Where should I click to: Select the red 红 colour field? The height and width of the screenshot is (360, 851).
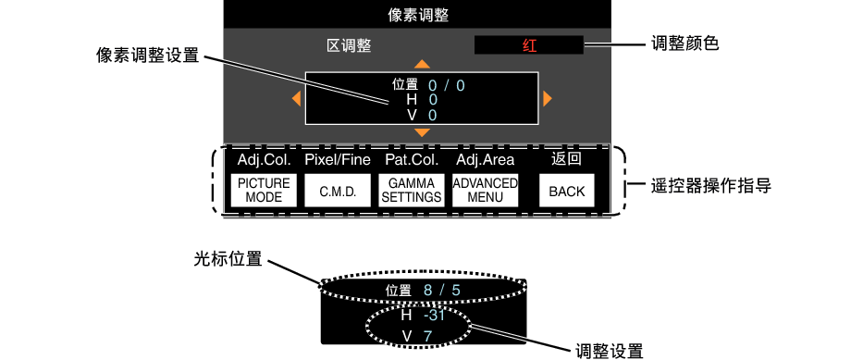pyautogui.click(x=528, y=45)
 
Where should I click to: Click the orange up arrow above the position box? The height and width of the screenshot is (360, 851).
pyautogui.click(x=423, y=64)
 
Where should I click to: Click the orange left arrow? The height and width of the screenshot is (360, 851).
pyautogui.click(x=296, y=98)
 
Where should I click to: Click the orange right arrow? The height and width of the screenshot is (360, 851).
pyautogui.click(x=548, y=98)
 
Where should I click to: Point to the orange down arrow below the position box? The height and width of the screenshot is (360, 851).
pyautogui.click(x=423, y=133)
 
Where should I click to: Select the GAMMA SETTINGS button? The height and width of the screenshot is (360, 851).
pyautogui.click(x=412, y=191)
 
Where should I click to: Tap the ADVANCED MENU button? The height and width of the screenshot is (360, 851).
pyautogui.click(x=485, y=190)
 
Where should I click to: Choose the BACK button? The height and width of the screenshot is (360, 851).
pyautogui.click(x=566, y=191)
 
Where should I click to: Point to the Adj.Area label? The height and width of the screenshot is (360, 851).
pyautogui.click(x=485, y=160)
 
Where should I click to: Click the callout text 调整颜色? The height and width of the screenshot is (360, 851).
pyautogui.click(x=685, y=43)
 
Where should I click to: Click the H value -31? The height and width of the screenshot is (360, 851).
pyautogui.click(x=435, y=315)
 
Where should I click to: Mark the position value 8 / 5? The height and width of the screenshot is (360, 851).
pyautogui.click(x=441, y=291)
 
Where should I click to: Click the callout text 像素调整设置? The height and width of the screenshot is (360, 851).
pyautogui.click(x=148, y=56)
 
